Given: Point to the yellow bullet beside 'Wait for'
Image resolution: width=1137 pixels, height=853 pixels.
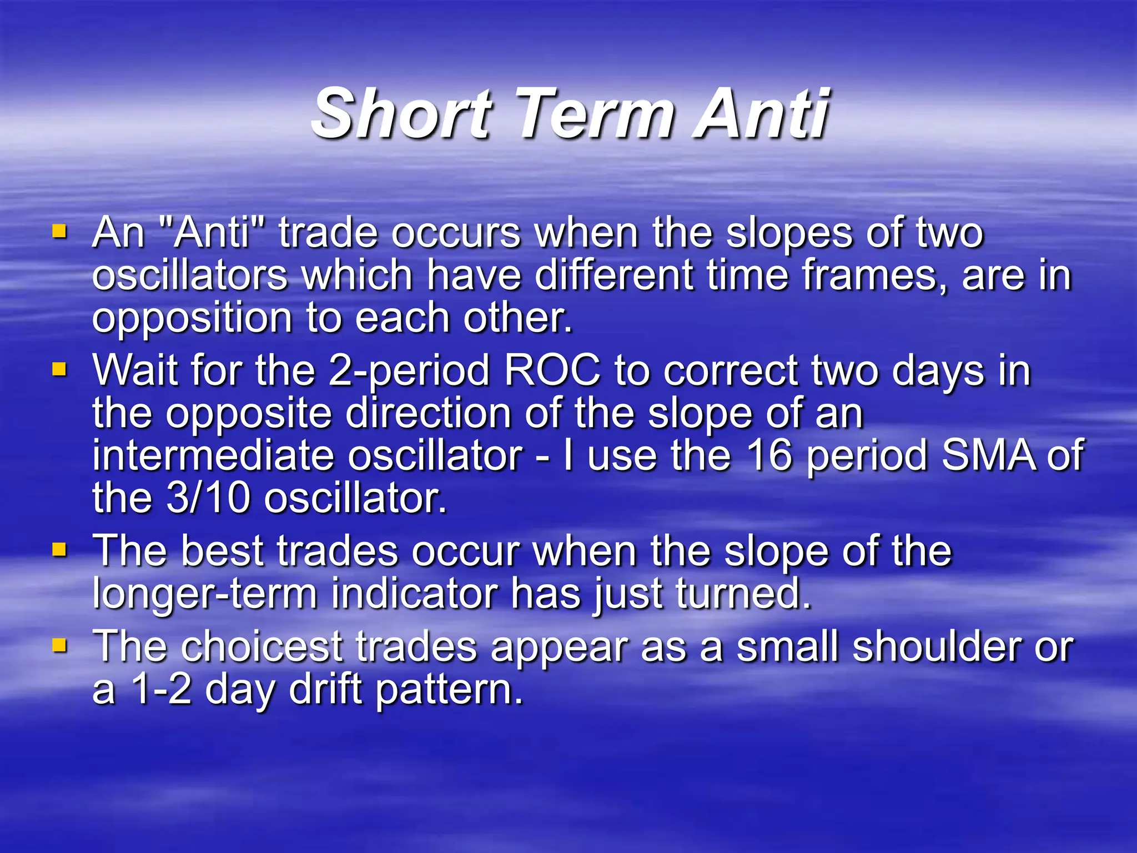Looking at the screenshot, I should click(59, 369).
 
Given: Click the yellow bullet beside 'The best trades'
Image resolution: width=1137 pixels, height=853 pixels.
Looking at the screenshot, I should click(59, 550).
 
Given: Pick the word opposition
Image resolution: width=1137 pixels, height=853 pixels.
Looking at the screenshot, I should click(192, 319).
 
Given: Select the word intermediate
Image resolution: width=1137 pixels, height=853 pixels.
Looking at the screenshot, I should click(213, 455).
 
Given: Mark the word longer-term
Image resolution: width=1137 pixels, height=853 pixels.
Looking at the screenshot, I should click(204, 594).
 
